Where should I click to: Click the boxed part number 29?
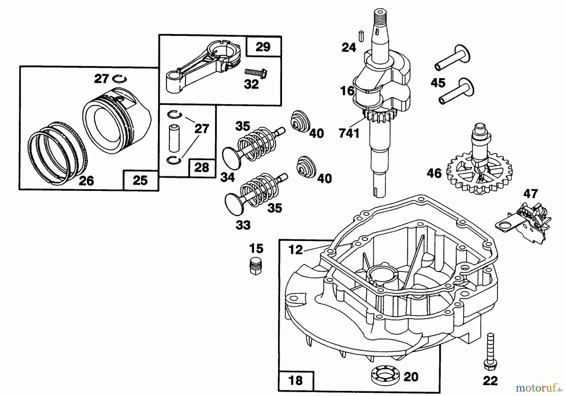point(263,47)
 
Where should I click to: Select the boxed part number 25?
point(140,181)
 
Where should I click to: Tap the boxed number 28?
point(202,168)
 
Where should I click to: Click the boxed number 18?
point(296,380)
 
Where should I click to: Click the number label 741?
point(349,133)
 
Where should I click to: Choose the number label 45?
point(438,83)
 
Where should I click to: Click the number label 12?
point(296,250)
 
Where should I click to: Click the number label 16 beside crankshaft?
point(347,91)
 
